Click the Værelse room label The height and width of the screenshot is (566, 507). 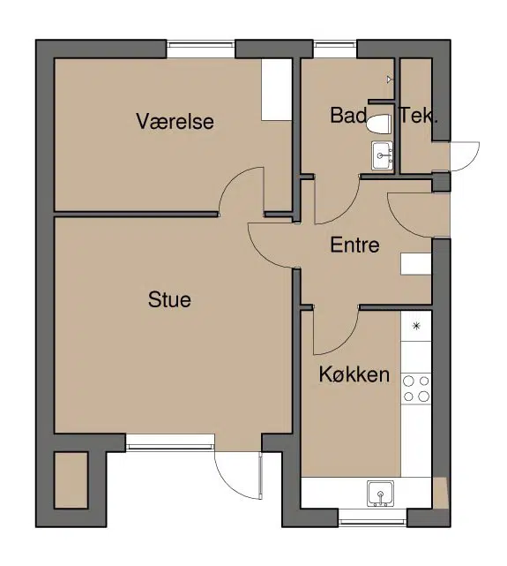tap(175, 121)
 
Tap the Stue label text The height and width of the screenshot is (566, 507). tap(169, 299)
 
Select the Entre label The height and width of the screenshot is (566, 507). tap(355, 245)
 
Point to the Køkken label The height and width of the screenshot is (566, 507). tap(354, 374)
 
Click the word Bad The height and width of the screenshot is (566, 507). tap(348, 115)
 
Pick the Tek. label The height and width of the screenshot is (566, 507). tap(419, 115)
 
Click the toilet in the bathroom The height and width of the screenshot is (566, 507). tap(379, 125)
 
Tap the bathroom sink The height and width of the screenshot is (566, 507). tap(383, 155)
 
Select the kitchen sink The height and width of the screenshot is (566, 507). tap(381, 493)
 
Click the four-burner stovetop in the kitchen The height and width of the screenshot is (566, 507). tap(416, 389)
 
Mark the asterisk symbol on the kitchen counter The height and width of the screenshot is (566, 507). tap(416, 327)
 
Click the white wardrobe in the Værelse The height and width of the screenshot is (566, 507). tap(276, 89)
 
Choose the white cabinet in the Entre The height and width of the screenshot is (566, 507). tap(416, 264)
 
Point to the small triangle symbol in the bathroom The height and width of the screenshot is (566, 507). tap(389, 79)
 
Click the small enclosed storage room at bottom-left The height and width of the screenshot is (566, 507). tap(71, 480)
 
